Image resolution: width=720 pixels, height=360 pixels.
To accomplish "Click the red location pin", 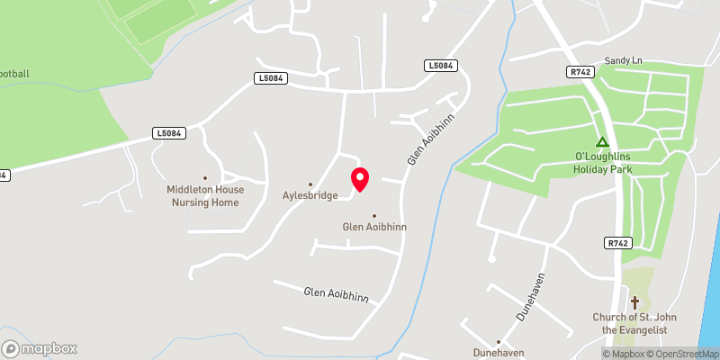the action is (x=360, y=178).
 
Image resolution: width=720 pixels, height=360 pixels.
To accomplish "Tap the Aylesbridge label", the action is (x=310, y=195).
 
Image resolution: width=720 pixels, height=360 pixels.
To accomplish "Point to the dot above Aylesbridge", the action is (x=310, y=184).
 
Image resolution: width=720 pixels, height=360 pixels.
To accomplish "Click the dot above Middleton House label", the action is (x=204, y=178).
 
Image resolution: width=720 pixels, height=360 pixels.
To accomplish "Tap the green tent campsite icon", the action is (x=602, y=142).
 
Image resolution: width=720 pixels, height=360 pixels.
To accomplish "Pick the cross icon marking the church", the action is (x=634, y=302).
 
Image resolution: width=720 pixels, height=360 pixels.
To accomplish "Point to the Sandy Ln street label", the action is (x=624, y=60).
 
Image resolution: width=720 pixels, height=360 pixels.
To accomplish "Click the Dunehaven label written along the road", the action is (x=530, y=297).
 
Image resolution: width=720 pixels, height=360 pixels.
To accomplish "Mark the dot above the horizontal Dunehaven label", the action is (x=498, y=342).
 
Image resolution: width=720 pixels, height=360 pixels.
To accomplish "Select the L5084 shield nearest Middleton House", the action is (x=169, y=133).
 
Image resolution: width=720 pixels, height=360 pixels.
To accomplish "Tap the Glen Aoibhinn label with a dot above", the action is (x=373, y=227).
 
